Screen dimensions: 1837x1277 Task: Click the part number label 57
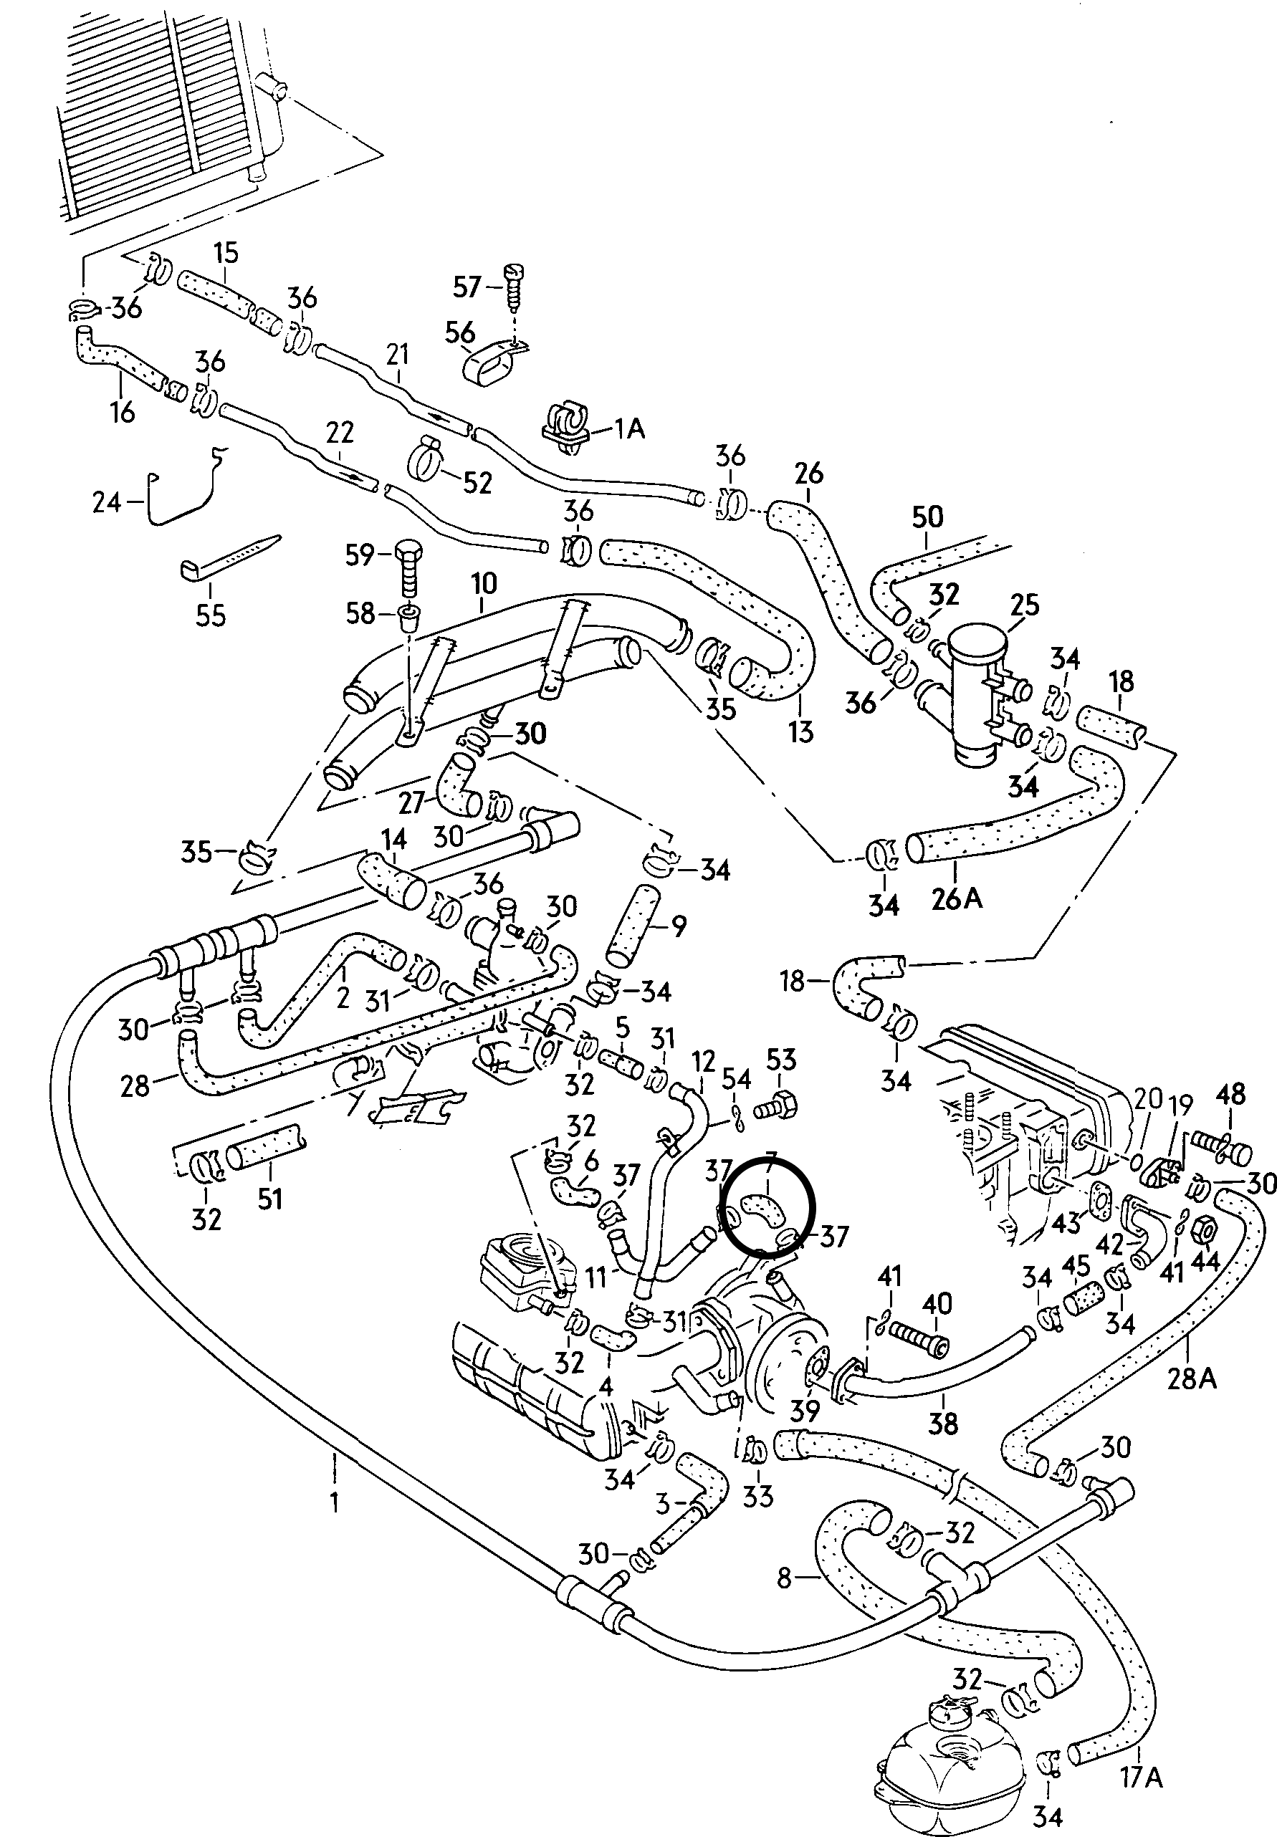click(x=467, y=287)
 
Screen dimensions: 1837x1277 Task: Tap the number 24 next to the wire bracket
click(x=106, y=502)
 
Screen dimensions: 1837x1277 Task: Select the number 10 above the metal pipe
click(x=484, y=584)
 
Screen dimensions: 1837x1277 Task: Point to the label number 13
click(x=800, y=730)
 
